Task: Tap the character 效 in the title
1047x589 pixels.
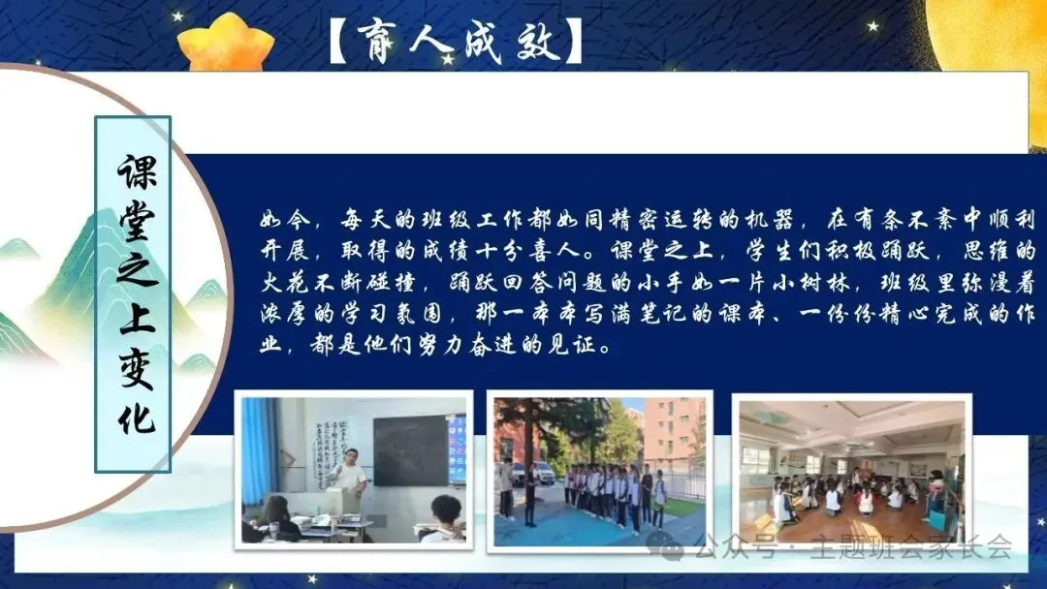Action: tap(538, 40)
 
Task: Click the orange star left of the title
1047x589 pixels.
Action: tap(225, 42)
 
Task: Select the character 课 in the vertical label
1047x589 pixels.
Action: tap(137, 171)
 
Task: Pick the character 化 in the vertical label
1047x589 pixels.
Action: tap(137, 416)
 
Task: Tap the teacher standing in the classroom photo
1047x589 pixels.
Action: tap(347, 476)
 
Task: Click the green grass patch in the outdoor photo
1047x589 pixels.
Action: tap(682, 508)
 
